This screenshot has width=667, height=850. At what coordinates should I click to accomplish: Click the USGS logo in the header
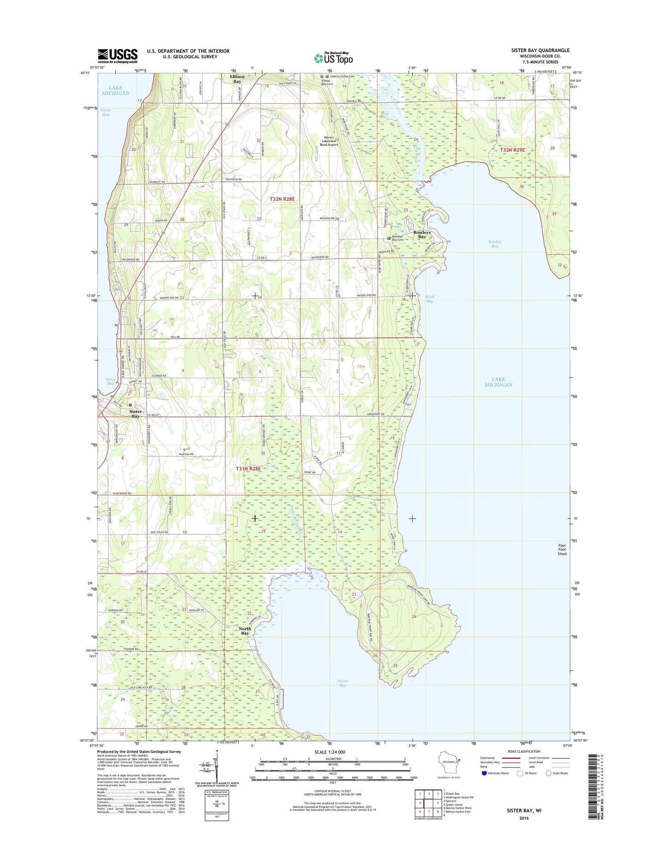pos(117,56)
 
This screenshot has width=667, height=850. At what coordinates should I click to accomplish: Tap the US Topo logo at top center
pos(333,58)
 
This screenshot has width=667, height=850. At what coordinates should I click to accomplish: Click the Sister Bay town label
pos(135,413)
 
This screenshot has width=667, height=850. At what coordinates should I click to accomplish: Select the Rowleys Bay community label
pos(421,234)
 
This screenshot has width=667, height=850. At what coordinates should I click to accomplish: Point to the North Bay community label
pos(245,631)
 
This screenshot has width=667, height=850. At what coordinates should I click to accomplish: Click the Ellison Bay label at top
pos(237,79)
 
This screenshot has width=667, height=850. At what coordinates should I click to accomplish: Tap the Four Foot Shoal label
pos(562,549)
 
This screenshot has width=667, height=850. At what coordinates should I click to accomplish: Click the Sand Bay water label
pos(429,299)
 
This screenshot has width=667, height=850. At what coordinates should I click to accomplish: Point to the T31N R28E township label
pos(248,469)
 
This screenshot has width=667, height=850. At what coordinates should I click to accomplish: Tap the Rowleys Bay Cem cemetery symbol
pos(389,238)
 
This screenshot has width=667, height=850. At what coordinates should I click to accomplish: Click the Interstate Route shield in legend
pos(484,772)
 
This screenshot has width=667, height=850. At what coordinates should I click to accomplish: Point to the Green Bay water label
pos(106,112)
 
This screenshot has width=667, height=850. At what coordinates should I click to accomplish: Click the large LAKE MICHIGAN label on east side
pos(498,382)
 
